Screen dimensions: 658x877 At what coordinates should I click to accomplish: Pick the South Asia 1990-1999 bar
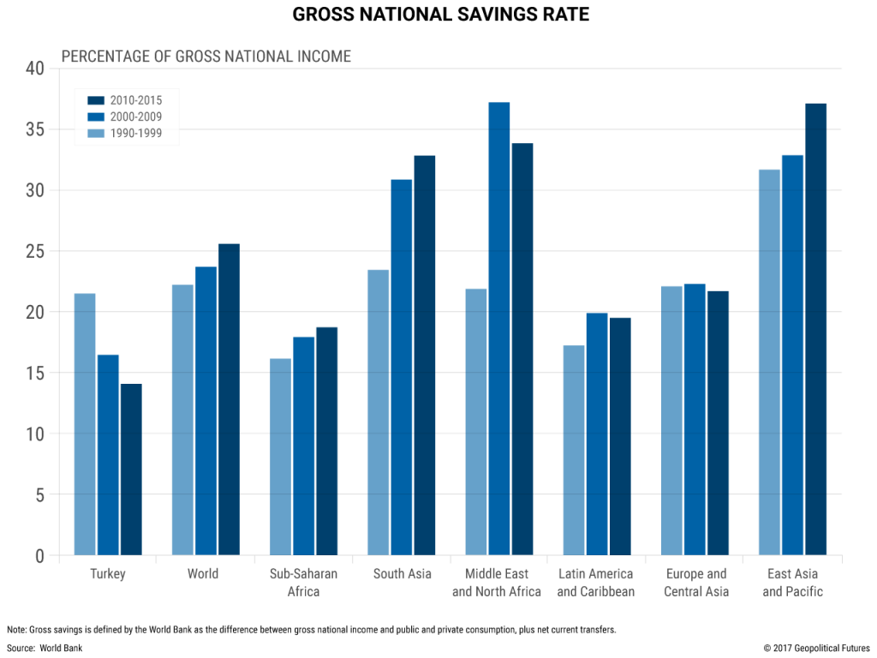[378, 412]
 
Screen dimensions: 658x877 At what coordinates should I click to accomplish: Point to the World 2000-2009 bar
[206, 411]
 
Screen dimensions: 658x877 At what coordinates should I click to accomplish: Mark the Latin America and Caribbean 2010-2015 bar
[620, 436]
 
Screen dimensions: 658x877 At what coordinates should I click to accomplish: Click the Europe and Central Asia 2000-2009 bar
[695, 419]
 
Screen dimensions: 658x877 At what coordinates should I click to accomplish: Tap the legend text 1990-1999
[135, 133]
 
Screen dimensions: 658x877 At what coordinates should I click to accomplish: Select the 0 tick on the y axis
[38, 555]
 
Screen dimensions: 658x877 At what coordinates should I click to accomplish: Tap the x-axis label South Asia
[402, 574]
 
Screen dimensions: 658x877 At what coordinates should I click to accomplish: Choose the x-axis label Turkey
[107, 574]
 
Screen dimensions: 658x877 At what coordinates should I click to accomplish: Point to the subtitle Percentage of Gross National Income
[206, 57]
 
